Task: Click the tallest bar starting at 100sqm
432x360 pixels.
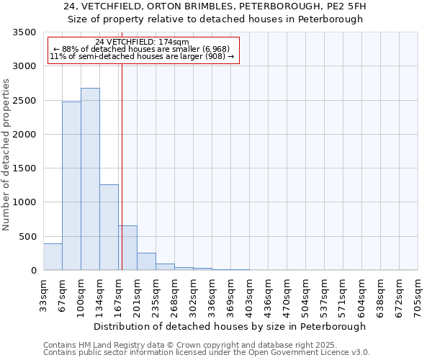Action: (x=90, y=179)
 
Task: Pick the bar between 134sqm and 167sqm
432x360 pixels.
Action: (x=109, y=228)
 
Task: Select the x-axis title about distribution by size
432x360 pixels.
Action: (x=230, y=326)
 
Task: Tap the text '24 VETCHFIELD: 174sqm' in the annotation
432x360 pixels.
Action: (x=142, y=42)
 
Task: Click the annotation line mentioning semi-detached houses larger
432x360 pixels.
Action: (x=142, y=56)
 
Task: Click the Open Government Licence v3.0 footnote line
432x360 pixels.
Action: (x=207, y=353)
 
